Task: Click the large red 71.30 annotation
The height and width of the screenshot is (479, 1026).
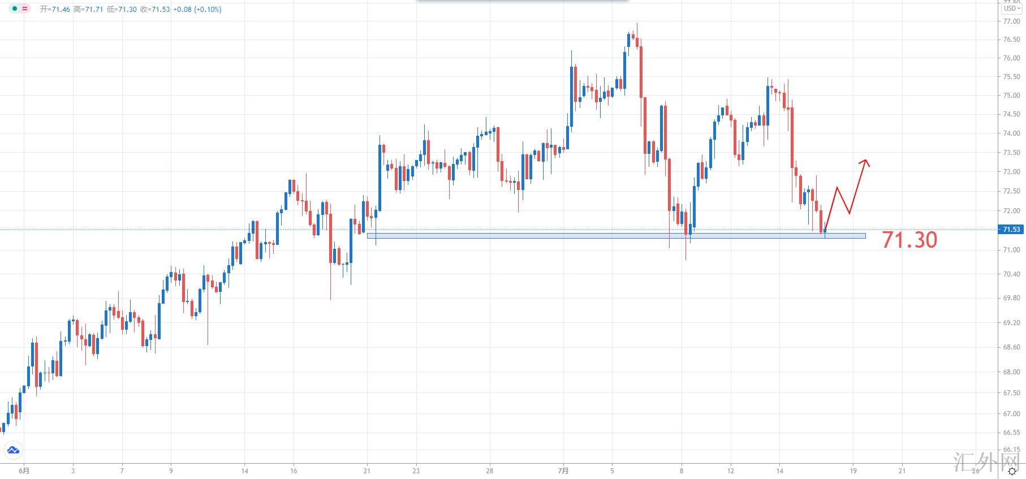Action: click(x=909, y=240)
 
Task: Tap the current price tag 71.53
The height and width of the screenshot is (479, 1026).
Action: click(x=1011, y=230)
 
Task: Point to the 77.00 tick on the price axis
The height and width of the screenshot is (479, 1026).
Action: click(x=1011, y=21)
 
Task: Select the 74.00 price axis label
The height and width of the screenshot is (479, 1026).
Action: click(x=1011, y=133)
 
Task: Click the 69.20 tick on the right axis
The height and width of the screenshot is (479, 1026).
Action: click(x=1011, y=323)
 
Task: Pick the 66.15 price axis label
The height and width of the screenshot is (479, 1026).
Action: click(x=1011, y=450)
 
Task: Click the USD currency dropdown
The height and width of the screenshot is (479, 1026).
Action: click(x=1012, y=8)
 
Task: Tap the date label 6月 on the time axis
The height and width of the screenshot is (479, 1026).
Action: click(x=24, y=471)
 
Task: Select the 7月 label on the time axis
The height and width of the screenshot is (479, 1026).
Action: click(x=563, y=471)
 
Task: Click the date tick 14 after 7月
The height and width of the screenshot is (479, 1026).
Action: click(x=779, y=471)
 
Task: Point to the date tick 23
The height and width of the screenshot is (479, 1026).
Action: click(x=416, y=471)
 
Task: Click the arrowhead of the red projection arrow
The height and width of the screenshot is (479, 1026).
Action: click(x=865, y=162)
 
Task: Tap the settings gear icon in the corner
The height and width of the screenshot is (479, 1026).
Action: click(x=1012, y=471)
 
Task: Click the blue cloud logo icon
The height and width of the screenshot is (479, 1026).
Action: click(x=13, y=451)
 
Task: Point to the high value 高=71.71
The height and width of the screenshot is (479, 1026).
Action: click(x=88, y=10)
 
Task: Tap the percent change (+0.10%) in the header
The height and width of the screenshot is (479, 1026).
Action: click(x=208, y=10)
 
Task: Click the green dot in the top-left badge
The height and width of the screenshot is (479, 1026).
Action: click(x=14, y=9)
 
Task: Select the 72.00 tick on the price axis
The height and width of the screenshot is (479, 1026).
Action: click(x=1011, y=211)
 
